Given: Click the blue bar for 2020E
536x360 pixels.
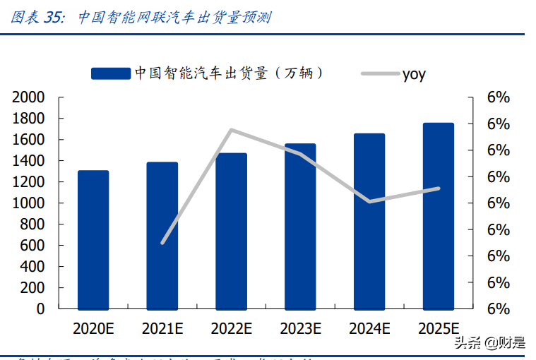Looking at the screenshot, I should [93, 240].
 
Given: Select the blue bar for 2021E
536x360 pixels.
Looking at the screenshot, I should [162, 236].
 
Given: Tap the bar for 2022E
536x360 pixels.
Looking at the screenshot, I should [232, 232].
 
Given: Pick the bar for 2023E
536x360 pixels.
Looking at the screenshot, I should [300, 227].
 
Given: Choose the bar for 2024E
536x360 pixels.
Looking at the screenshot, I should [369, 222].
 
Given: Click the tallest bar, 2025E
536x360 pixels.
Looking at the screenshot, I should [438, 216].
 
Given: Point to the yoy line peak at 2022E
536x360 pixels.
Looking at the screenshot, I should [232, 130].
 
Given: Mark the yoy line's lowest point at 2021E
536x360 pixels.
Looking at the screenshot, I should [162, 243].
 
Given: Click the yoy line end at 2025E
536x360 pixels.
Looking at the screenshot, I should [438, 188].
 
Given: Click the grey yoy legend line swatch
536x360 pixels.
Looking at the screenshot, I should [379, 73].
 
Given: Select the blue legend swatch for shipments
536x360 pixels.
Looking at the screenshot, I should [111, 73].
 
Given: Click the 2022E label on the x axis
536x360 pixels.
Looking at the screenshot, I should [232, 328].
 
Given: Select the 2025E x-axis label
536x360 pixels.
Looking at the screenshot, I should [438, 328].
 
